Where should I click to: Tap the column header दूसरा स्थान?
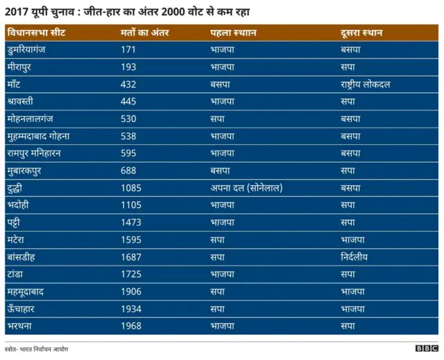(x=361, y=33)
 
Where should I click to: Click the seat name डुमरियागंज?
(x=35, y=50)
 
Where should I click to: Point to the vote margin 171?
(x=128, y=50)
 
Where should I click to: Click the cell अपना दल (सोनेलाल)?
(x=246, y=187)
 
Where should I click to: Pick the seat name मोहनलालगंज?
(x=35, y=119)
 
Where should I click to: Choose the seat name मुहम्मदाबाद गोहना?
(x=47, y=136)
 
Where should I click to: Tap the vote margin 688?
(x=128, y=170)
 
